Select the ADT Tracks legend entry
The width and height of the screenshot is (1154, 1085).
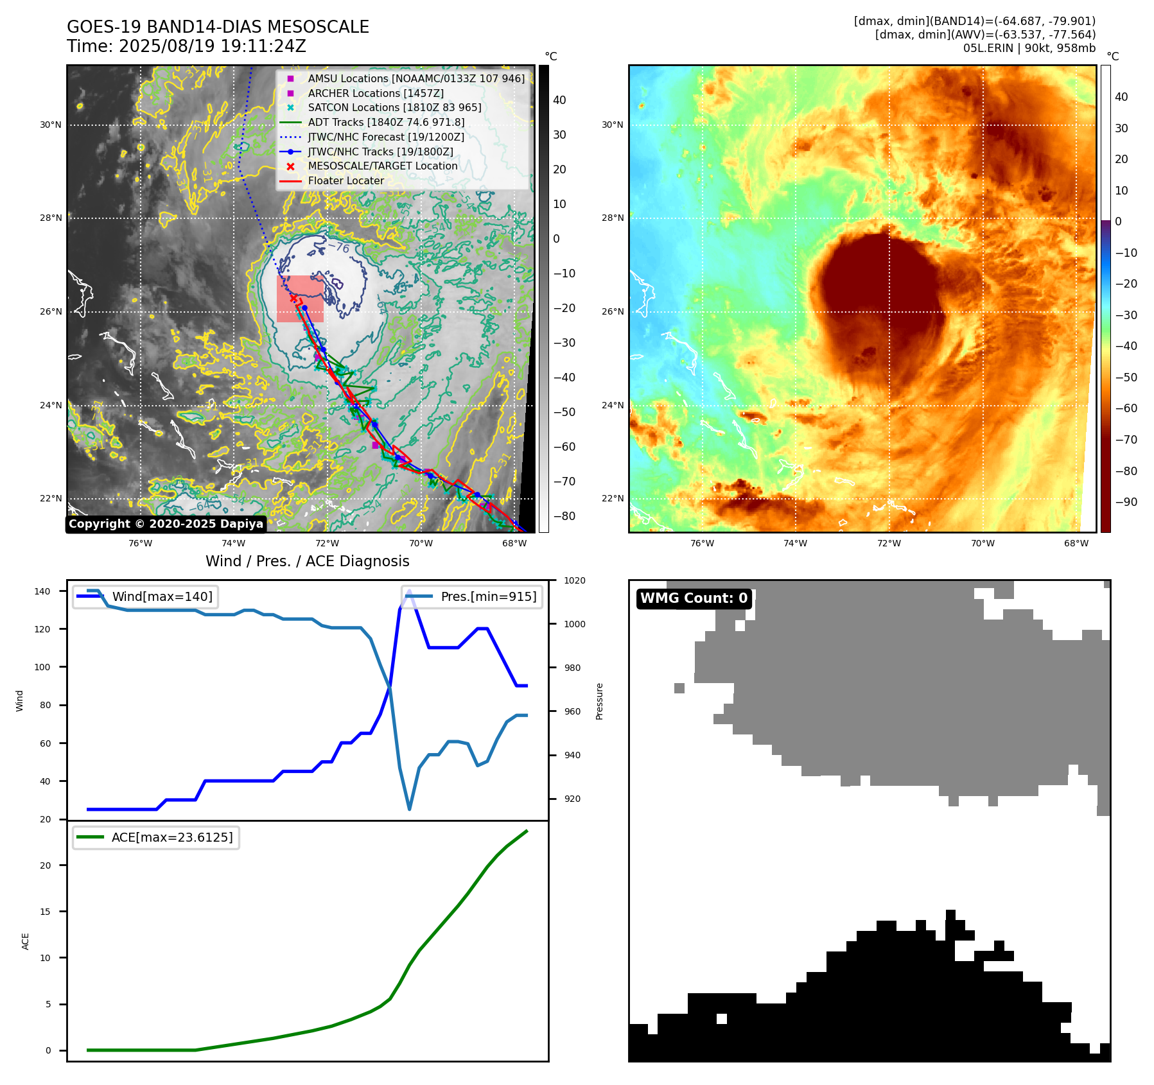tap(385, 122)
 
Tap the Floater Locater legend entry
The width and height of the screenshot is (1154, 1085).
tap(345, 180)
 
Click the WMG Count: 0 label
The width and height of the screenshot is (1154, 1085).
tap(694, 598)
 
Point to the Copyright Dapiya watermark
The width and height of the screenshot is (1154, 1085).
tap(166, 524)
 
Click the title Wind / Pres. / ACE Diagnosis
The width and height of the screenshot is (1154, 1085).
tap(307, 561)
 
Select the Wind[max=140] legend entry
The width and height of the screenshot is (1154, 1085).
tap(162, 596)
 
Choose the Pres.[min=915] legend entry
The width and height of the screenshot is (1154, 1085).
tap(488, 596)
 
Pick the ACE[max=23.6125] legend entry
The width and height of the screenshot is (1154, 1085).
tap(171, 837)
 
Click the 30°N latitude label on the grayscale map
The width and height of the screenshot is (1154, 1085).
tap(51, 125)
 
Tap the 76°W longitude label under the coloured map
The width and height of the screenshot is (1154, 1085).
tap(702, 543)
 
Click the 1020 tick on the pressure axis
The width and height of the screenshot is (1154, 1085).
tap(574, 580)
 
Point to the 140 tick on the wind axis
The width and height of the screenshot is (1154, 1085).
tap(42, 591)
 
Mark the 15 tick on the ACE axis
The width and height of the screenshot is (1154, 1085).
tap(45, 912)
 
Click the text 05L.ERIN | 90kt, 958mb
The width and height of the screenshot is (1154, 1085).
tap(1029, 48)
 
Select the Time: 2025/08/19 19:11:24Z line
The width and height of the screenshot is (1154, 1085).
tap(186, 46)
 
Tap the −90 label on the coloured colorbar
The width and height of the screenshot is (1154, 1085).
tap(1126, 502)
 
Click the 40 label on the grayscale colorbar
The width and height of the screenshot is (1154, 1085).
tap(559, 100)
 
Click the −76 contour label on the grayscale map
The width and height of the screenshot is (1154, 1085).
tap(338, 247)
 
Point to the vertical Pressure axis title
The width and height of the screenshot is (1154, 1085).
tap(599, 701)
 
